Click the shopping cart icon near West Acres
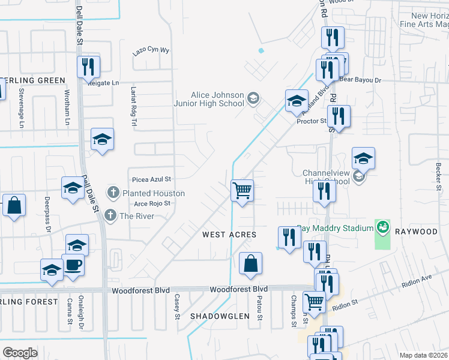click(243, 191)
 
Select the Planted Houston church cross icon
click(112, 193)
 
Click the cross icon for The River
click(110, 215)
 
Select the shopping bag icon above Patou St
click(250, 263)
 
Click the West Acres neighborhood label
click(229, 235)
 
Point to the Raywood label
click(421, 231)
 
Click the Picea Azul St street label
click(152, 179)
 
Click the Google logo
click(20, 353)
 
